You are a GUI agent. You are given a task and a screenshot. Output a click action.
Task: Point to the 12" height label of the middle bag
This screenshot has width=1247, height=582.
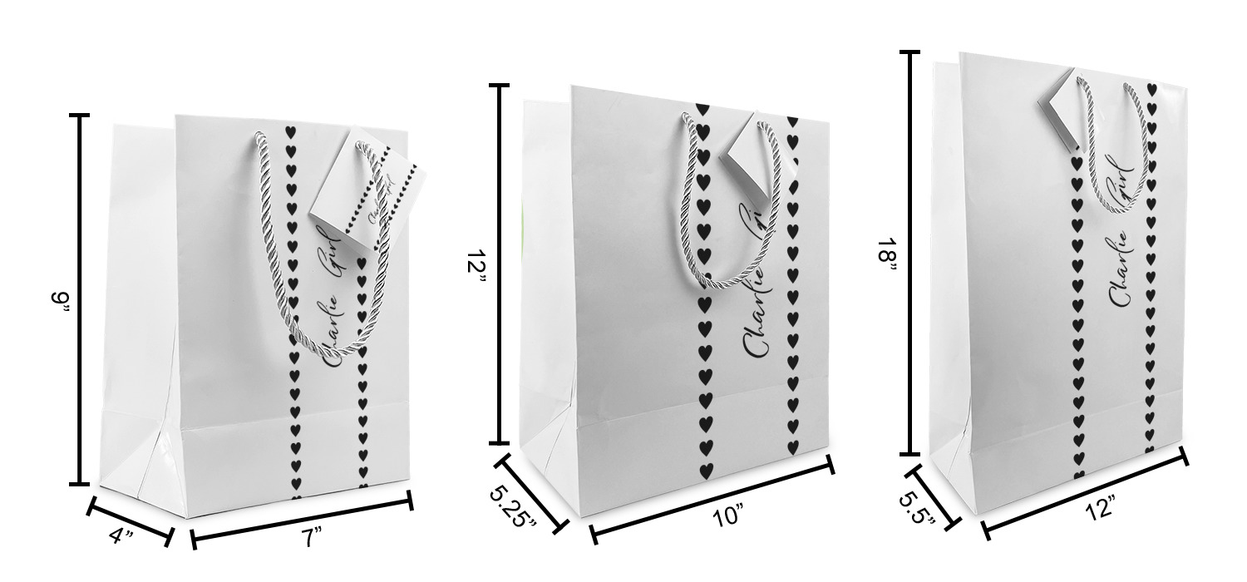[476, 259]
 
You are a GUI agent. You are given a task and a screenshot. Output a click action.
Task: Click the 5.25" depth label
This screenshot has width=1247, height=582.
[513, 507]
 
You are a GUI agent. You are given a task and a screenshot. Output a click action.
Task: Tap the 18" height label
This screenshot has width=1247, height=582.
[887, 256]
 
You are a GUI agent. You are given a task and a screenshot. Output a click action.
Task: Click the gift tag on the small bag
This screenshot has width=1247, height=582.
[368, 191]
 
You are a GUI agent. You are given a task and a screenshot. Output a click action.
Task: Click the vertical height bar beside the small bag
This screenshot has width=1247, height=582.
[79, 299]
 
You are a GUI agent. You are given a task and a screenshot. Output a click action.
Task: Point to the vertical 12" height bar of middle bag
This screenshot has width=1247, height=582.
[500, 264]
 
